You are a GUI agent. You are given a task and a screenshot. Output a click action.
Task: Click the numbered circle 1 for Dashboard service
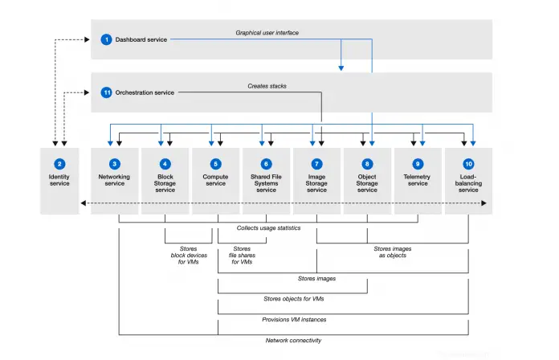click(106, 39)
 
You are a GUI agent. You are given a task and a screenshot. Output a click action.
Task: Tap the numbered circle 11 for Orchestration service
click(106, 92)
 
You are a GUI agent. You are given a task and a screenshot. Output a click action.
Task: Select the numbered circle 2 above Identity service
click(59, 163)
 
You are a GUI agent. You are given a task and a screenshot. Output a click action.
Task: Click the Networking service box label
click(114, 179)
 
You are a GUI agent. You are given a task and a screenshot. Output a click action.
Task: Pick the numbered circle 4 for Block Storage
click(165, 163)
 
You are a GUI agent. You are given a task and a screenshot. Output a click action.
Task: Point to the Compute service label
click(215, 179)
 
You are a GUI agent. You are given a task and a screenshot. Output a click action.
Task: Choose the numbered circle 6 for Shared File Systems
click(267, 163)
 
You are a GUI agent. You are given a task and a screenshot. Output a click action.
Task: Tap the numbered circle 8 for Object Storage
click(367, 163)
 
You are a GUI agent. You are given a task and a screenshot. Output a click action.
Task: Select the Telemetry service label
click(418, 179)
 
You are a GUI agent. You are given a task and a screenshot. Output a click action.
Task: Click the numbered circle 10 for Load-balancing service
click(468, 163)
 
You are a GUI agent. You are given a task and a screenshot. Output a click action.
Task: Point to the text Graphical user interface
click(267, 33)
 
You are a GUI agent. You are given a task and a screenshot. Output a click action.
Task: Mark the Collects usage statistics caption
click(267, 228)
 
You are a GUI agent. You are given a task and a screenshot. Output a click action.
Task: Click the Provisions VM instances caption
click(293, 319)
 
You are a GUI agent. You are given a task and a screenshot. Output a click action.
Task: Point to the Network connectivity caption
click(293, 340)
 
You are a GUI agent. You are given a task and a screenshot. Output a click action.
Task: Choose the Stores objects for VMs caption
click(293, 299)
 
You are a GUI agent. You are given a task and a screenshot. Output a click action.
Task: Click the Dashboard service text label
click(141, 39)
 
